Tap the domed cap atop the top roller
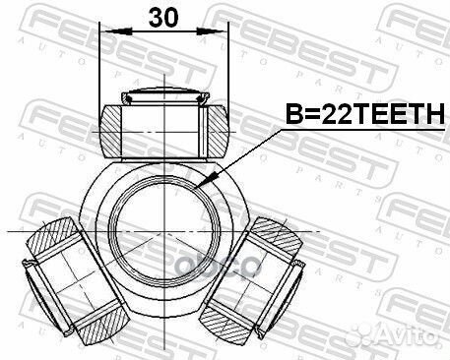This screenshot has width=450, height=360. tap(162, 96)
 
